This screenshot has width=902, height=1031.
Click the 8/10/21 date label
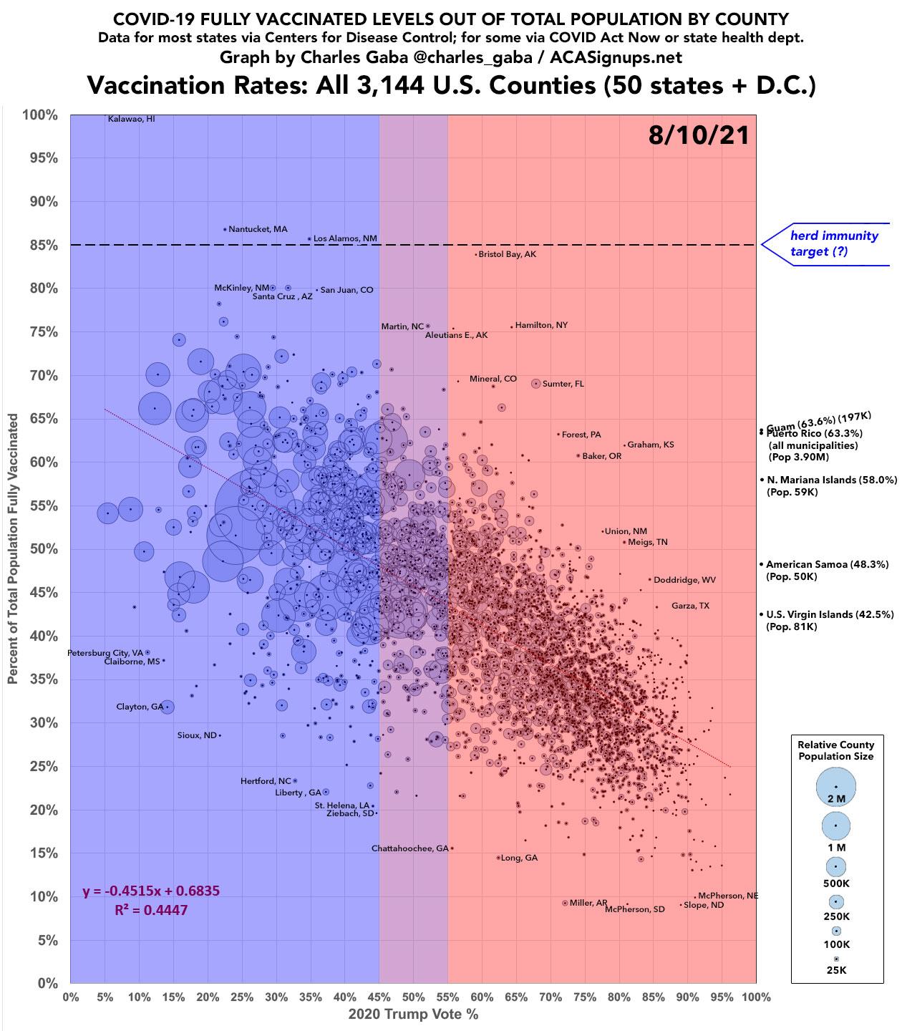[698, 135]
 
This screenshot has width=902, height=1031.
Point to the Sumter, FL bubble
[535, 384]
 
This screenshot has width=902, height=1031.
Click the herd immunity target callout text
[833, 243]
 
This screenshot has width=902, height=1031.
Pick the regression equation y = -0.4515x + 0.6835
[151, 891]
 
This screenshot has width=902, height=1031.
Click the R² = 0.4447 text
[151, 910]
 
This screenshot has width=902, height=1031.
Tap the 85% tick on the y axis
[44, 245]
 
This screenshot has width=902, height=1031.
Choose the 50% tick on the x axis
[413, 997]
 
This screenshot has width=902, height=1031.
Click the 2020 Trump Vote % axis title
[413, 1014]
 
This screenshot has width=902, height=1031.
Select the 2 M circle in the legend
[835, 787]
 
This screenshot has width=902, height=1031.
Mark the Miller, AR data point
[565, 903]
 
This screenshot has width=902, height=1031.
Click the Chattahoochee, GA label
[409, 848]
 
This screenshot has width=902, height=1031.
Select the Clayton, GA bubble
[168, 707]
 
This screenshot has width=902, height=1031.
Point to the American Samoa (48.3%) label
[817, 564]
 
